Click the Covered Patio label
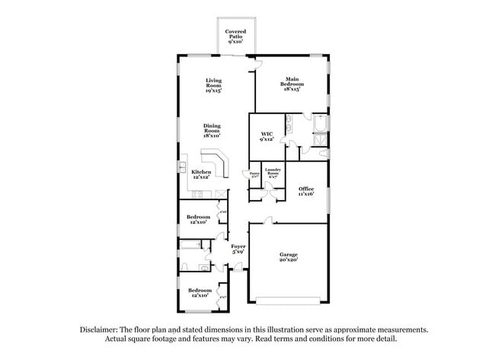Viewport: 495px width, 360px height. point(235,37)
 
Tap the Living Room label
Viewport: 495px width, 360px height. point(214,85)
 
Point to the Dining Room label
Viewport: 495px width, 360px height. point(212,131)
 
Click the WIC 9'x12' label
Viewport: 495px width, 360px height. point(267,137)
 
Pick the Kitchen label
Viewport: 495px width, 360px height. point(201,174)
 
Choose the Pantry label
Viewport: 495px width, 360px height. point(254,174)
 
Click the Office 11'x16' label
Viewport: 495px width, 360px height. point(306,191)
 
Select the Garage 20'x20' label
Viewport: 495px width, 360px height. point(288,257)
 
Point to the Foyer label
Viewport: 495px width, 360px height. point(238,249)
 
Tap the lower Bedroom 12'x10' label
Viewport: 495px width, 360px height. point(200,293)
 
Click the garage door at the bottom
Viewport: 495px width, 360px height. point(288,298)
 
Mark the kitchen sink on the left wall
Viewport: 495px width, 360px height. point(183,165)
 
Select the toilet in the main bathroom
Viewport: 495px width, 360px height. point(324,154)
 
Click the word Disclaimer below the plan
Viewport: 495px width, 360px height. point(100,330)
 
